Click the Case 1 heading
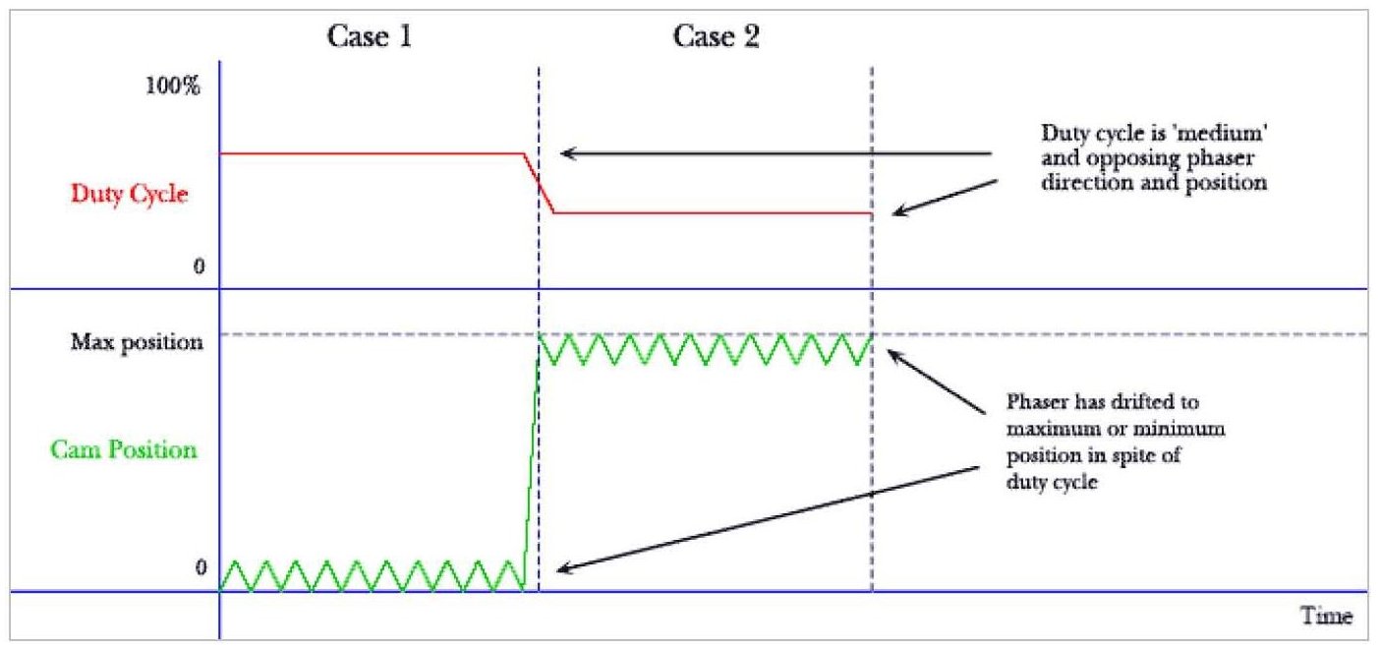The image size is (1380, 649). click(x=371, y=38)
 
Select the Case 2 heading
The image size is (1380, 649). click(x=718, y=38)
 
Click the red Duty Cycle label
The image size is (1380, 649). click(x=129, y=194)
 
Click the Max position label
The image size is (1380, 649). click(x=137, y=342)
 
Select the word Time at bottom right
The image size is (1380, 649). click(x=1327, y=617)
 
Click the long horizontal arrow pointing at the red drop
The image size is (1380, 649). click(x=776, y=153)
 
